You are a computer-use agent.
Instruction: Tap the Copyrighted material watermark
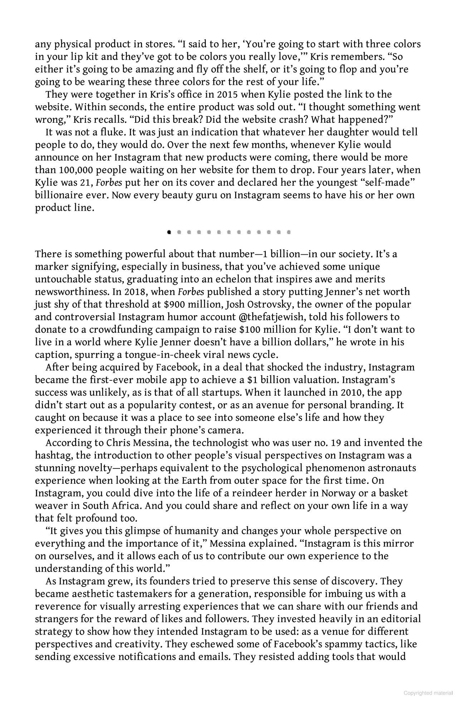pyautogui.click(x=428, y=693)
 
